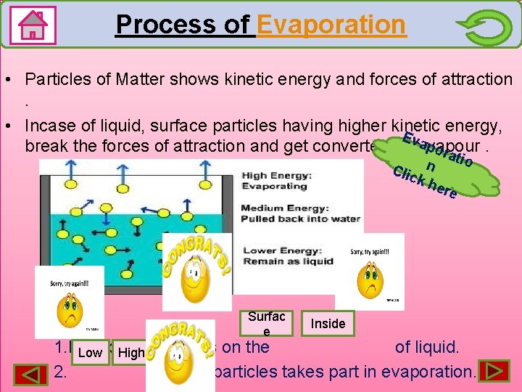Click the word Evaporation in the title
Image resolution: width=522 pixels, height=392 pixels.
pyautogui.click(x=331, y=25)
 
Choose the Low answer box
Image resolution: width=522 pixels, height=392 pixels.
pyautogui.click(x=90, y=353)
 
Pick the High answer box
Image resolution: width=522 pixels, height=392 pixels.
pyautogui.click(x=131, y=353)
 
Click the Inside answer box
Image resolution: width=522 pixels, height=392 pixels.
pyautogui.click(x=328, y=324)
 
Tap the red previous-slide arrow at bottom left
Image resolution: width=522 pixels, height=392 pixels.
pyautogui.click(x=29, y=372)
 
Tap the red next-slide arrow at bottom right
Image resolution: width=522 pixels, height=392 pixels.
pyautogui.click(x=493, y=370)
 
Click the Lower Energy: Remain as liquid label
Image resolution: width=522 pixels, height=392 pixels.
pyautogui.click(x=288, y=256)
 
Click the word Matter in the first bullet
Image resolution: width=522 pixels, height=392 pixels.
pyautogui.click(x=127, y=79)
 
